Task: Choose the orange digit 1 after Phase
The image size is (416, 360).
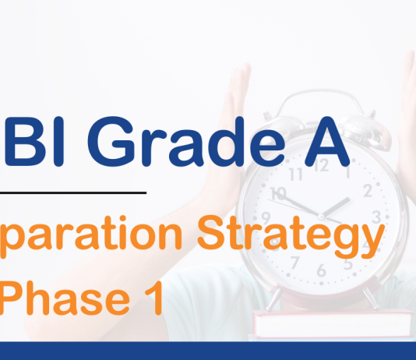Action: (152, 299)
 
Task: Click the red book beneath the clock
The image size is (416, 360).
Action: (335, 324)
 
